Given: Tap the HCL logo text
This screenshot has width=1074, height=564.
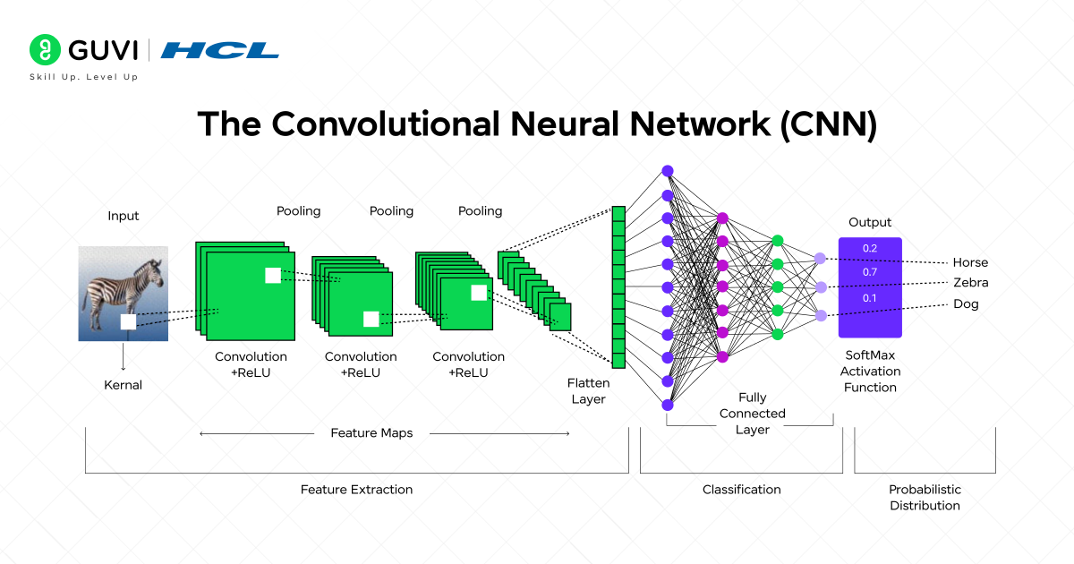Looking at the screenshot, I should (x=220, y=49).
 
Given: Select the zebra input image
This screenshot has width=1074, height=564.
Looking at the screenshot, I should (x=123, y=293).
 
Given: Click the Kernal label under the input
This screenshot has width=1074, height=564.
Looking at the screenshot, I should (x=124, y=385).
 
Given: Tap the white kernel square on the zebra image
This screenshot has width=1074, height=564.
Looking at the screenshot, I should (x=128, y=321).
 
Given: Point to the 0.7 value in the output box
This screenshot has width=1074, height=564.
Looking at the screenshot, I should (x=869, y=271).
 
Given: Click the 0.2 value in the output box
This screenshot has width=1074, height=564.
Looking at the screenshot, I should (x=869, y=248).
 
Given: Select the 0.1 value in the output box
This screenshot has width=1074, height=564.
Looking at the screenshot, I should (x=869, y=297).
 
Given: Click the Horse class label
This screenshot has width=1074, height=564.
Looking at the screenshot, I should (x=970, y=262).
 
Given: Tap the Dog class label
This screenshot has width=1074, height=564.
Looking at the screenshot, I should (x=966, y=303).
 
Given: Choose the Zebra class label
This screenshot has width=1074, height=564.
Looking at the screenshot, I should (x=970, y=283).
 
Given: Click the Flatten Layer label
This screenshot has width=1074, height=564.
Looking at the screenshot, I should (x=588, y=391).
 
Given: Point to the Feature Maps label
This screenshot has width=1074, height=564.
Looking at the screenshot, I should (x=371, y=433).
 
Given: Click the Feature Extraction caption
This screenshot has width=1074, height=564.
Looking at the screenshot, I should (x=356, y=490).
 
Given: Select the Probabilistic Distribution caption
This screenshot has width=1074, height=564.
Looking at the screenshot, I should (x=924, y=498).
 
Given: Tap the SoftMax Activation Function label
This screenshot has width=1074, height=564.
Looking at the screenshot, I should (x=869, y=371).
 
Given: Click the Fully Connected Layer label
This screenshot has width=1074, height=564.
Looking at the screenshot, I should (x=752, y=414).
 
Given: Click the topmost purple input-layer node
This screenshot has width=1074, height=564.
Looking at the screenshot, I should (x=667, y=171).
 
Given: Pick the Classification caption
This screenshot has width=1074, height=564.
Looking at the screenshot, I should (x=741, y=490).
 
